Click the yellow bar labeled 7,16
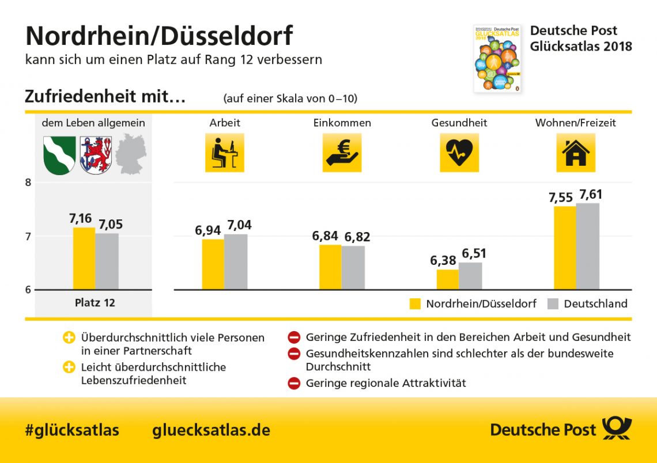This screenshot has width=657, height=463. coord(84,258)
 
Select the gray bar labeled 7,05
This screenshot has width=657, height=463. coord(107,261)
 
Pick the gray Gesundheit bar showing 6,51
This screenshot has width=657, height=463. coord(470,276)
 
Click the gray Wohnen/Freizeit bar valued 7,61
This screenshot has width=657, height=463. coord(588,246)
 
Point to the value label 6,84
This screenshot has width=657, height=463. coord(326,237)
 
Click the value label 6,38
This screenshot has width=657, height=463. coord(444,261)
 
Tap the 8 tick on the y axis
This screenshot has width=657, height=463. coord(28,183)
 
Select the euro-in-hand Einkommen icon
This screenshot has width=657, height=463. coord(342,153)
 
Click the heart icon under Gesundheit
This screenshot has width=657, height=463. coord(459,153)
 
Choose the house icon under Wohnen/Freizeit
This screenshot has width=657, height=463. coord(575,153)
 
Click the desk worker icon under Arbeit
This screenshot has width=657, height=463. coord(224,153)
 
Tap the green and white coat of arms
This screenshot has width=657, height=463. coord(60,155)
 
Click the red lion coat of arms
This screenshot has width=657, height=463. coord(96,155)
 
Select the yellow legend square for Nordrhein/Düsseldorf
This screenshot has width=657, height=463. coord(415,304)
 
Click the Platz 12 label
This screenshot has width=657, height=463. coord(95,302)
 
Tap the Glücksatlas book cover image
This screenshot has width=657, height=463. coord(497,58)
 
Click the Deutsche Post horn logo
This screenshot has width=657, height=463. coord(617,428)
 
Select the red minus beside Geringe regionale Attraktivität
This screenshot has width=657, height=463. coord(294,383)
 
